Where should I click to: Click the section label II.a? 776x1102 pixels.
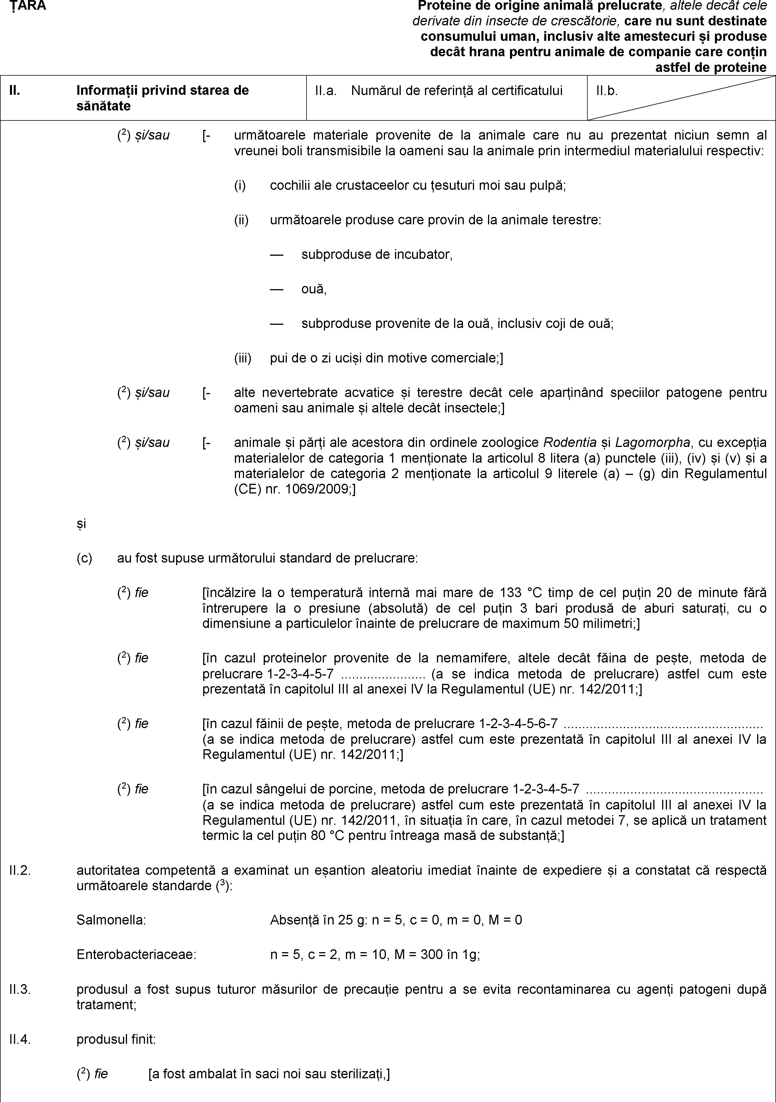tap(325, 90)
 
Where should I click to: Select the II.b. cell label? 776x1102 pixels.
tap(606, 90)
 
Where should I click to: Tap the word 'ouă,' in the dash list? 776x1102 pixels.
tap(314, 289)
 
